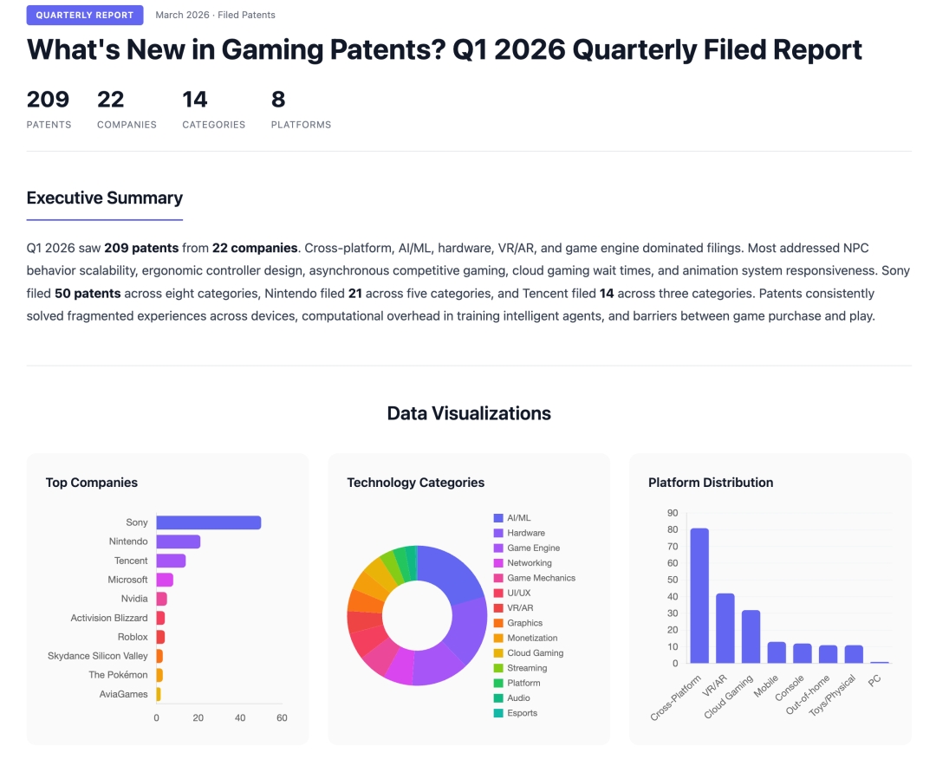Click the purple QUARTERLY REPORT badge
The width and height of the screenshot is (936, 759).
point(85,15)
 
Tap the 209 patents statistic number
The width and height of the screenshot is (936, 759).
point(48,100)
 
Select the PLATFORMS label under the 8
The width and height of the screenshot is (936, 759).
point(301,125)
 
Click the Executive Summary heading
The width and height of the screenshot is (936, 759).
point(105,198)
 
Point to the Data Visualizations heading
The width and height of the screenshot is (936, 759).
point(469,413)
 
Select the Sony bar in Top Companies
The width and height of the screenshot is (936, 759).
point(209,522)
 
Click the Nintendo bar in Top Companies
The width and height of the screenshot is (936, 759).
point(179,542)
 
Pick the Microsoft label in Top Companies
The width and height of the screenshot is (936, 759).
point(127,580)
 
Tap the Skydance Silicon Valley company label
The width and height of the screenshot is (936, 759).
point(98,656)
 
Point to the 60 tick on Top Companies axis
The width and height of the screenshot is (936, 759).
point(282,718)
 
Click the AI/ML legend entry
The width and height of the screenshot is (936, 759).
point(518,518)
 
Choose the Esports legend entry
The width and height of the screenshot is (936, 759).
point(522,713)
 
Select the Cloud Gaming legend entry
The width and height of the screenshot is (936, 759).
point(535,653)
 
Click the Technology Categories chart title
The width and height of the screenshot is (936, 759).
point(416,483)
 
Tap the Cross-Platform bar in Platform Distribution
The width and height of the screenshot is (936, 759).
point(699,596)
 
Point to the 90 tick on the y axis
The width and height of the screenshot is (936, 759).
point(673,513)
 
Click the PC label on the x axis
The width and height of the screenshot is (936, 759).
point(874,680)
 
